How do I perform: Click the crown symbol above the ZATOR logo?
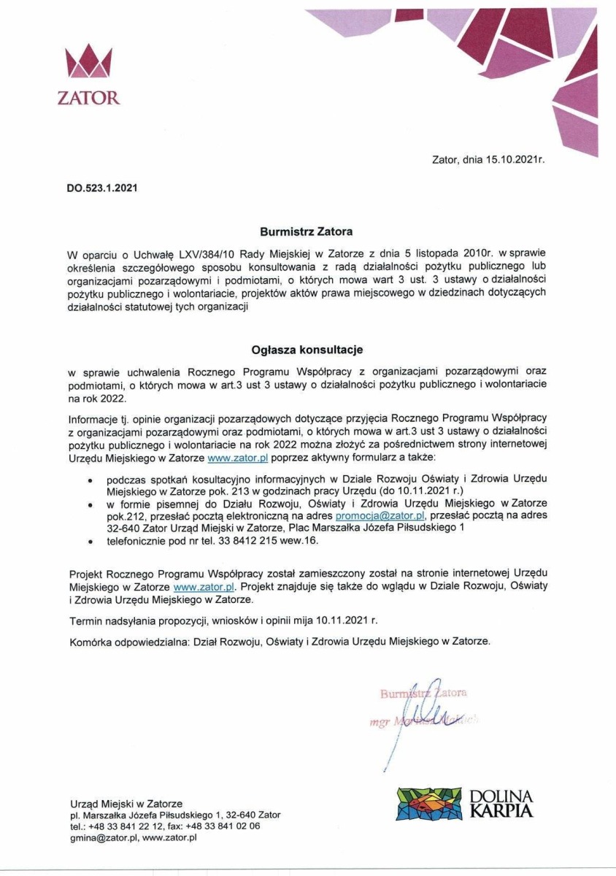[x=88, y=63]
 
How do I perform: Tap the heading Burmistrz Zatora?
[x=307, y=231]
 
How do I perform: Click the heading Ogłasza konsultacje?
[x=307, y=350]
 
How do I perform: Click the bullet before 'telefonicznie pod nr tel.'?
[x=89, y=542]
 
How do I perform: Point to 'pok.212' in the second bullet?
[x=87, y=515]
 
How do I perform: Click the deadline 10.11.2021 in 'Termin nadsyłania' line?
[x=341, y=621]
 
